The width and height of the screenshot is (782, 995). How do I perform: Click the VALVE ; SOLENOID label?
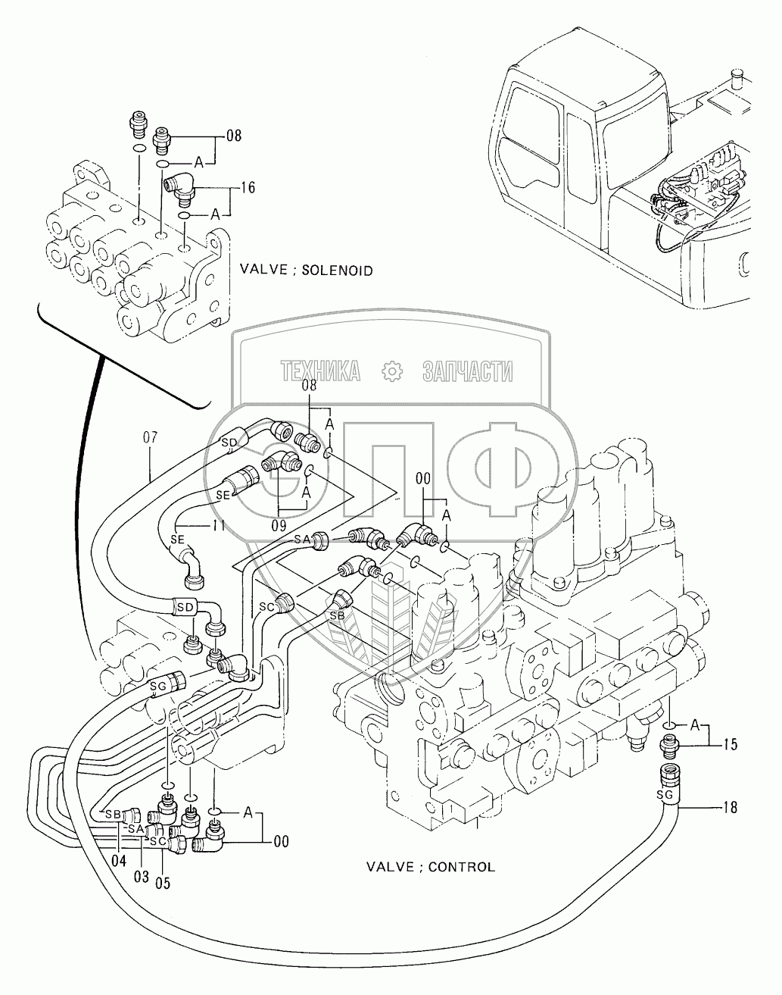pyautogui.click(x=306, y=270)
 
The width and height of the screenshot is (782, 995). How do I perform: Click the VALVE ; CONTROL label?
pyautogui.click(x=430, y=866)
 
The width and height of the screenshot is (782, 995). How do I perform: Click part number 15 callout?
pyautogui.click(x=730, y=745)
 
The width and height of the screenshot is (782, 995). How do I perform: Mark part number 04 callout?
pyautogui.click(x=119, y=862)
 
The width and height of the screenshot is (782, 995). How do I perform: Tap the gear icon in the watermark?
pyautogui.click(x=391, y=371)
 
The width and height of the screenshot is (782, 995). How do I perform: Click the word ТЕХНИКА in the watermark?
pyautogui.click(x=319, y=371)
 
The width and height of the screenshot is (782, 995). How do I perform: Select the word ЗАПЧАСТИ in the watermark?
pyautogui.click(x=467, y=371)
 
